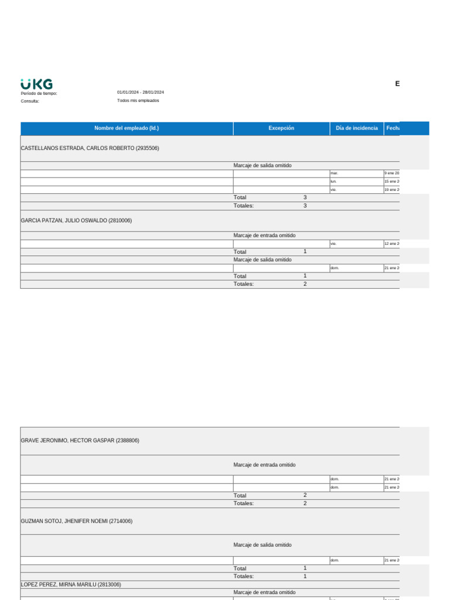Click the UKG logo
click(x=36, y=84)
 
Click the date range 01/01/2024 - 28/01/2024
click(x=140, y=93)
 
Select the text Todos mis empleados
click(x=138, y=101)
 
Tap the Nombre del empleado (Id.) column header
click(x=127, y=128)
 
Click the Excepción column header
click(x=281, y=128)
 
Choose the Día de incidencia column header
click(x=356, y=128)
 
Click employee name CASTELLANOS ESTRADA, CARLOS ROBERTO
click(x=90, y=148)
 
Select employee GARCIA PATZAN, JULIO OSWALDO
click(x=76, y=221)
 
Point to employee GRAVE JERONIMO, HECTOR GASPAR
click(x=80, y=441)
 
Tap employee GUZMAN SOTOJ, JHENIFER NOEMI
click(x=76, y=521)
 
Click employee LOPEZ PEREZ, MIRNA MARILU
click(x=71, y=585)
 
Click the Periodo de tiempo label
click(x=39, y=93)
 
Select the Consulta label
click(x=30, y=101)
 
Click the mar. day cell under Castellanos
click(x=335, y=173)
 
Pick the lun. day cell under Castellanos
click(x=334, y=182)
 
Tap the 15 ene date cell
click(x=391, y=182)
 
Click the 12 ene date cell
click(x=391, y=244)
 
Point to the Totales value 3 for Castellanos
click(x=305, y=206)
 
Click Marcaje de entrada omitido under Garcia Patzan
click(x=264, y=236)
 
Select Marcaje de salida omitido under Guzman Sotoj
click(x=262, y=545)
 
